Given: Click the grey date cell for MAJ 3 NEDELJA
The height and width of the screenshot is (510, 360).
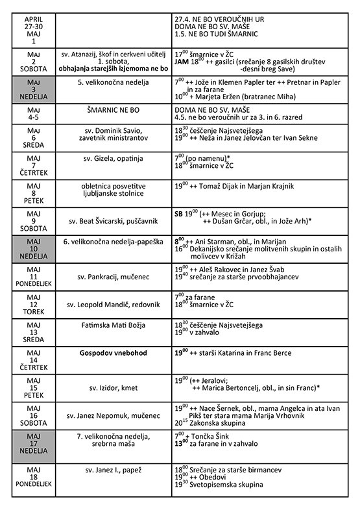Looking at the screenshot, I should click(34, 89).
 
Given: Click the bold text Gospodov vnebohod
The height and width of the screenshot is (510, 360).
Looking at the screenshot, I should click(114, 353).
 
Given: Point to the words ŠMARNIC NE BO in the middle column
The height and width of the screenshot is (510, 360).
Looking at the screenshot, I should click(114, 110).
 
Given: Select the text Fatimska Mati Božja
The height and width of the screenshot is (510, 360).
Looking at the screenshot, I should click(114, 324).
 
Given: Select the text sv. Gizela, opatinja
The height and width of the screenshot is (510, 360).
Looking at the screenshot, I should click(114, 158).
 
